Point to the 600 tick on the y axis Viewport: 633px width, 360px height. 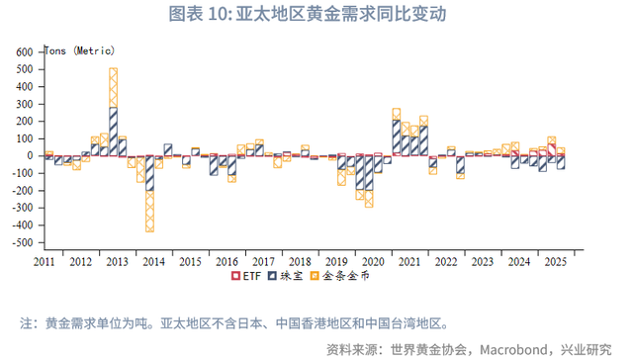coord(25,50)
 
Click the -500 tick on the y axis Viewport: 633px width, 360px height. coord(23,242)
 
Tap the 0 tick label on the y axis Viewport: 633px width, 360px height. coord(32,155)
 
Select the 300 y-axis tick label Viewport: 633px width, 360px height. coord(25,103)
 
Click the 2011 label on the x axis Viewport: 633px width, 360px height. coord(45,262)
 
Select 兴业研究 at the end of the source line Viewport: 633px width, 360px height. coord(586,348)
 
